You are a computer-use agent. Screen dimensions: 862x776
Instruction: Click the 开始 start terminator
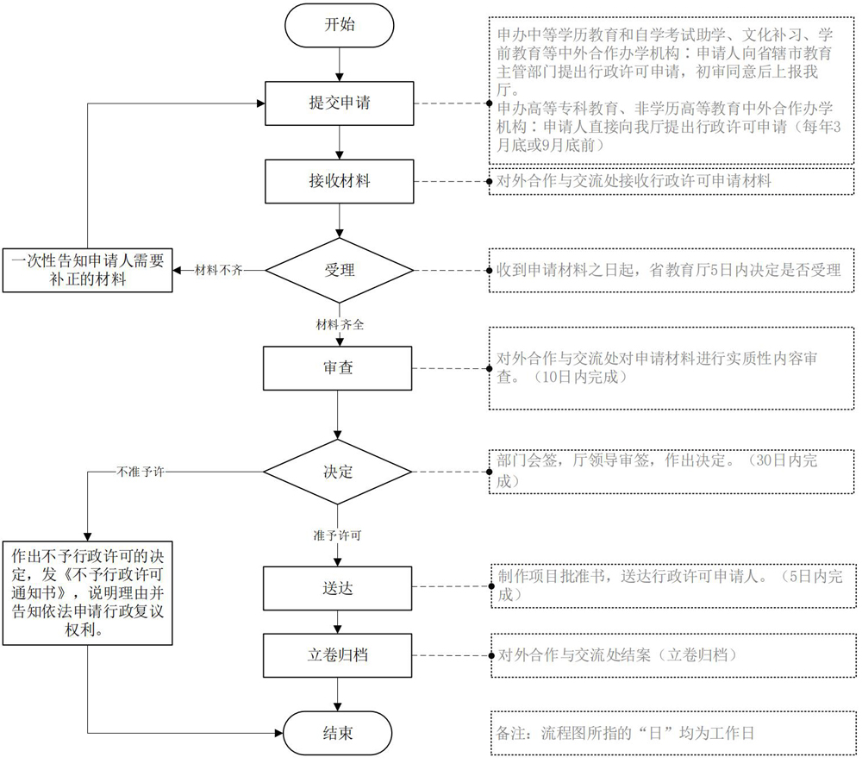coord(339,25)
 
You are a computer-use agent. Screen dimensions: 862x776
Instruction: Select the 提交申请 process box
coord(339,103)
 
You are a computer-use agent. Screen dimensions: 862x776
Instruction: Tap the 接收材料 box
coord(339,181)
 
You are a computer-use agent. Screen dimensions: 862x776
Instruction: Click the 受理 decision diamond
coord(339,271)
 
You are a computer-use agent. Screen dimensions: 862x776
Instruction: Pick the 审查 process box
coord(338,368)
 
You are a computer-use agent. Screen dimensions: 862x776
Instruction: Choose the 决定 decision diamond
coord(338,472)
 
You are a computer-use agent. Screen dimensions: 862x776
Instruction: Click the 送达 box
coord(338,588)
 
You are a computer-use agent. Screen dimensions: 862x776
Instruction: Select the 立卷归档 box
coord(338,655)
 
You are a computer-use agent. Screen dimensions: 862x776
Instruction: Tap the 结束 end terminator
coord(338,733)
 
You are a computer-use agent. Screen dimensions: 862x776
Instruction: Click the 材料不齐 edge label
coord(218,271)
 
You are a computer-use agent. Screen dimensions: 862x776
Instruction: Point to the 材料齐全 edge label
coord(340,325)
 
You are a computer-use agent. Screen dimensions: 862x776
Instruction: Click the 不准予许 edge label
coord(141,472)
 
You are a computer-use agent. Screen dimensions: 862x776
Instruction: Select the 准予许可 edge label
coord(338,535)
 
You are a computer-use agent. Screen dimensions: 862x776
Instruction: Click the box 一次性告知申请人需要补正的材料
coord(87,271)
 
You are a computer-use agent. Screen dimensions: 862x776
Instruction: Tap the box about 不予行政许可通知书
coord(87,593)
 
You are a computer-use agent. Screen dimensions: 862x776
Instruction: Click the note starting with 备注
coord(673,733)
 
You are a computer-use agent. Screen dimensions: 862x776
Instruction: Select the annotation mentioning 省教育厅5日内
coord(671,271)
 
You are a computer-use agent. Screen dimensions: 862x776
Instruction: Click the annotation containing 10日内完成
coord(671,368)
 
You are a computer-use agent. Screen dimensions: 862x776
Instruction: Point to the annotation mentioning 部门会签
coord(671,472)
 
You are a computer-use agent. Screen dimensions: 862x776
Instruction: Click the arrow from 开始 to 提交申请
coord(339,65)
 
